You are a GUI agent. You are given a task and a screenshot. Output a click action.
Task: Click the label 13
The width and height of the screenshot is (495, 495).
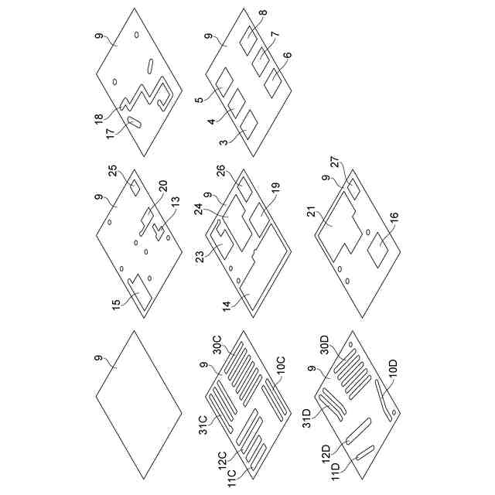tap(175, 201)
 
